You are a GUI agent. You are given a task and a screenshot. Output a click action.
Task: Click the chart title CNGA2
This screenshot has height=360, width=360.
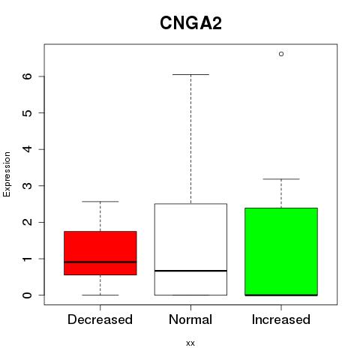(x=190, y=23)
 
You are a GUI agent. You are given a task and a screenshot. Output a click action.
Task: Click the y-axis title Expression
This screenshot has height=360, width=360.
(x=7, y=174)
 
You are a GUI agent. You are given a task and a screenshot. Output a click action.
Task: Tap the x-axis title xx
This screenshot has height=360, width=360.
(x=190, y=343)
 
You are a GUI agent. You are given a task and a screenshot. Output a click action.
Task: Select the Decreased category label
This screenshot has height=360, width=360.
(x=100, y=319)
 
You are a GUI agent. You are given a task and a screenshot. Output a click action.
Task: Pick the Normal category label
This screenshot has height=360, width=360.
(x=190, y=319)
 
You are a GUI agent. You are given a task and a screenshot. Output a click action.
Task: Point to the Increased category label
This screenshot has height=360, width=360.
(x=281, y=319)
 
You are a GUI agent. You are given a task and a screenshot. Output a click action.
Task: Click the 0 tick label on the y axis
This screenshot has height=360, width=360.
(x=28, y=295)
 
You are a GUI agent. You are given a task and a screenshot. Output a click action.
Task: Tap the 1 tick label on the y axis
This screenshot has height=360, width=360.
(x=28, y=259)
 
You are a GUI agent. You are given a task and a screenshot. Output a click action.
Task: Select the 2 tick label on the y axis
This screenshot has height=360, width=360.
(x=28, y=222)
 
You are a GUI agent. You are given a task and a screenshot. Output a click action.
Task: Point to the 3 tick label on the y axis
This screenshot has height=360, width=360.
(x=28, y=185)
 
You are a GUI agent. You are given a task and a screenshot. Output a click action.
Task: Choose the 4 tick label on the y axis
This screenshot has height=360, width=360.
(x=28, y=149)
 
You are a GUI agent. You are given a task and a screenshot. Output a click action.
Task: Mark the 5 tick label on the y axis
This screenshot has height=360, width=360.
(x=28, y=112)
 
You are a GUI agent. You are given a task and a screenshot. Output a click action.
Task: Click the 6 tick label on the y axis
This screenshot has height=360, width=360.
(x=28, y=76)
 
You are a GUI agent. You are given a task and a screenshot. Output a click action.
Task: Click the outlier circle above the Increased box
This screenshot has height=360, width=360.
(x=281, y=54)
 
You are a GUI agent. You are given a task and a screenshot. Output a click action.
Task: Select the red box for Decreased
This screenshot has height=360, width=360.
(x=100, y=253)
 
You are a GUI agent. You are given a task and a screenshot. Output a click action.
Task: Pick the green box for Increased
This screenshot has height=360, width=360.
(x=281, y=251)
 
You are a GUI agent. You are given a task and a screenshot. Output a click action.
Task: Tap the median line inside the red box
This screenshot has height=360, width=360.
(x=100, y=262)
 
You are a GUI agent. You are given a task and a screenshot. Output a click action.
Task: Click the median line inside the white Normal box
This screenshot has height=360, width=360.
(x=190, y=271)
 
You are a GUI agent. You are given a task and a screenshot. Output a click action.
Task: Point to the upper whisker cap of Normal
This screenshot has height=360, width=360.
(x=190, y=74)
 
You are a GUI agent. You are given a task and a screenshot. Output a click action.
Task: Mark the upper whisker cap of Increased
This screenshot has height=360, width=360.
(x=281, y=179)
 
